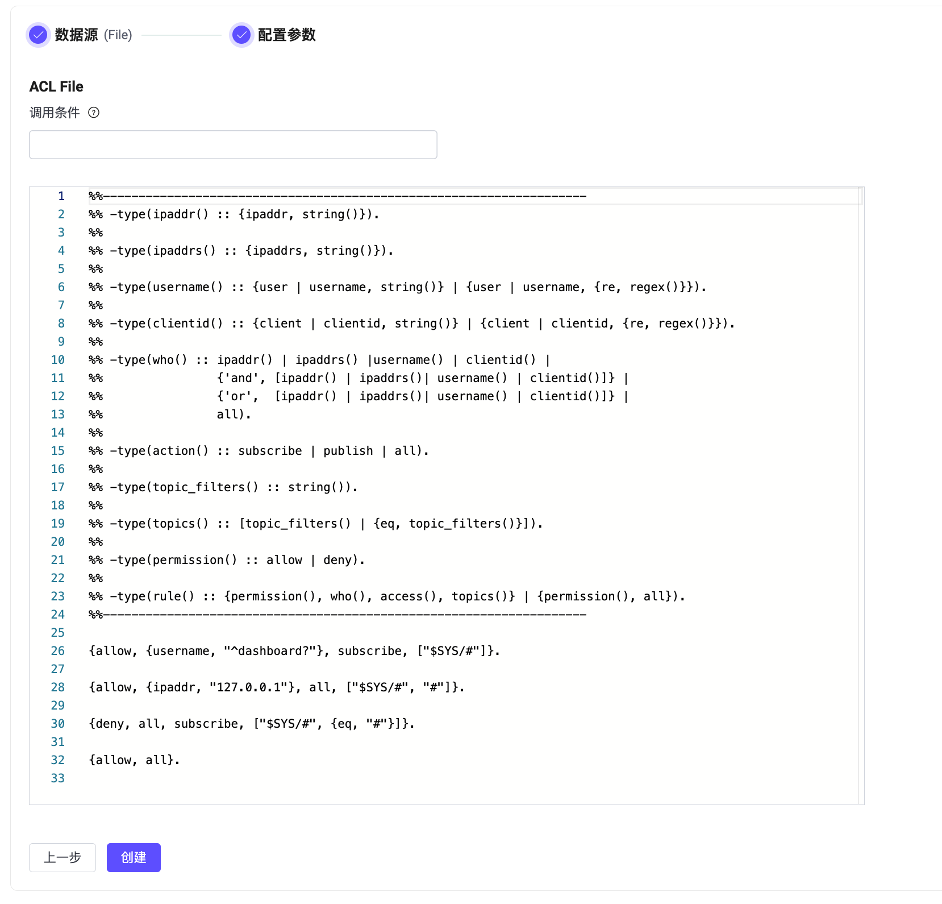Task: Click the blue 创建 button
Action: click(x=134, y=857)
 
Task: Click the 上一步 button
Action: click(x=62, y=857)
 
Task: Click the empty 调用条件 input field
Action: click(x=233, y=144)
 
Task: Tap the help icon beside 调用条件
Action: click(x=94, y=113)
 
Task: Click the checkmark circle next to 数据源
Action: click(x=38, y=35)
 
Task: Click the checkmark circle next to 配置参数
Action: click(x=241, y=35)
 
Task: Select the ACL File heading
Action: click(x=56, y=86)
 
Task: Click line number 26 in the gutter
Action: click(x=58, y=651)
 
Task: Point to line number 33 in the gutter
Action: click(x=58, y=778)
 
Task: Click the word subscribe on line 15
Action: click(x=270, y=451)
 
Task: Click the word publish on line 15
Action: click(x=348, y=451)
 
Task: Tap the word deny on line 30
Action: click(x=107, y=724)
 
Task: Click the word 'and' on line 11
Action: click(x=241, y=378)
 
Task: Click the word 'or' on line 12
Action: click(x=238, y=396)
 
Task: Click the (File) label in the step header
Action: click(x=118, y=35)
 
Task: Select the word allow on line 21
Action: click(x=285, y=560)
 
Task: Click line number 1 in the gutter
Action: click(x=61, y=196)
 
